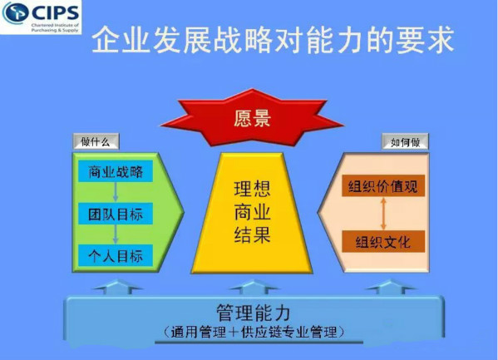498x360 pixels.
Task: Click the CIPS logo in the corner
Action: tap(41, 17)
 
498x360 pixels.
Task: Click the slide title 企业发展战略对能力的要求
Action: tap(273, 41)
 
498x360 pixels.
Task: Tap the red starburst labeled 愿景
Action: tap(252, 118)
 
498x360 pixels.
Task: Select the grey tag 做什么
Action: tap(96, 141)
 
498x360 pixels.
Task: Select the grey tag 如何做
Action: tap(405, 141)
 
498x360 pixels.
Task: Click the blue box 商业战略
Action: tap(116, 171)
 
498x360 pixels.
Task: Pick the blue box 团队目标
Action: tap(116, 214)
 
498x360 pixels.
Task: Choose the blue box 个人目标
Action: tap(116, 255)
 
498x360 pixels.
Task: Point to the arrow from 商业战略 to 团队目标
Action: tap(116, 192)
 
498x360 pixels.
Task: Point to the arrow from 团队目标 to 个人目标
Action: tap(116, 234)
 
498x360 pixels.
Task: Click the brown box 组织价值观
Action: tap(383, 186)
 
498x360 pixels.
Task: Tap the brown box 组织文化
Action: tap(383, 242)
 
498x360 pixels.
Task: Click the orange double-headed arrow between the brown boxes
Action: tap(383, 214)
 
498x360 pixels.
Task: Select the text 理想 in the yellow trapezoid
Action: tap(252, 189)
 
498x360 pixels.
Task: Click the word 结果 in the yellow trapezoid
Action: tap(252, 234)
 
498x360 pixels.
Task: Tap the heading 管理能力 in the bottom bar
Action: tap(253, 313)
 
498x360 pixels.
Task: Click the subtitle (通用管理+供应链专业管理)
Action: tap(254, 333)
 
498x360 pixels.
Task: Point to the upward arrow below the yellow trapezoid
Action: tap(254, 287)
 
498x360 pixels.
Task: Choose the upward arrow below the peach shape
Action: tap(391, 287)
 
